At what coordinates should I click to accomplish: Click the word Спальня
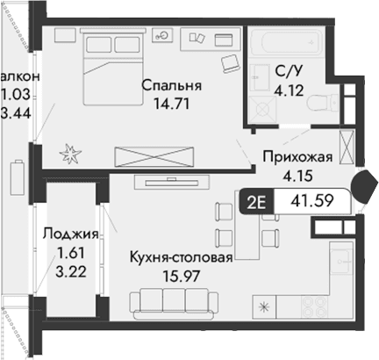(x=174, y=87)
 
